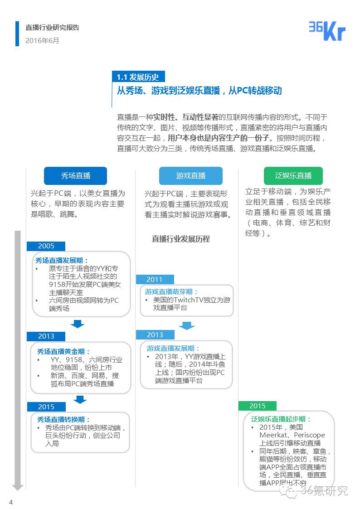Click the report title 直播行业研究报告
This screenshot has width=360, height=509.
click(52, 28)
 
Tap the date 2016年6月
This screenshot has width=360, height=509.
click(42, 40)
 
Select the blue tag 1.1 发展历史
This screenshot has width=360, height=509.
click(138, 77)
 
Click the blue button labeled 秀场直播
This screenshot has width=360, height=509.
click(76, 176)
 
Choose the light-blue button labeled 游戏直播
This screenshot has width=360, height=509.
click(191, 176)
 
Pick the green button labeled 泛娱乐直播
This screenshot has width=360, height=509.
click(293, 176)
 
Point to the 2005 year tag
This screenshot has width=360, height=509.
click(46, 246)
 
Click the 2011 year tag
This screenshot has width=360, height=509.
click(154, 279)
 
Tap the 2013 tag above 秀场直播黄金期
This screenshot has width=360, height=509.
click(46, 336)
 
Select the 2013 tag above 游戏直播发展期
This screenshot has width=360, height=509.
click(155, 334)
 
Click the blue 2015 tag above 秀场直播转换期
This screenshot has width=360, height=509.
click(46, 407)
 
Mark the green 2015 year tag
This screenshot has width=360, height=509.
click(257, 406)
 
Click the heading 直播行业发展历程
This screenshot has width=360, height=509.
click(180, 239)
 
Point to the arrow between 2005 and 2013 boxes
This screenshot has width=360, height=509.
click(78, 324)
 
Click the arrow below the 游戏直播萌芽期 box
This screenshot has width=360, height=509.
click(186, 325)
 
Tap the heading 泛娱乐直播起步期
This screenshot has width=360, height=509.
click(281, 419)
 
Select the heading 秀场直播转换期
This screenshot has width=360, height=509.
click(63, 420)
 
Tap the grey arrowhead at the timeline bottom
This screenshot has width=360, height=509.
click(18, 487)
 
